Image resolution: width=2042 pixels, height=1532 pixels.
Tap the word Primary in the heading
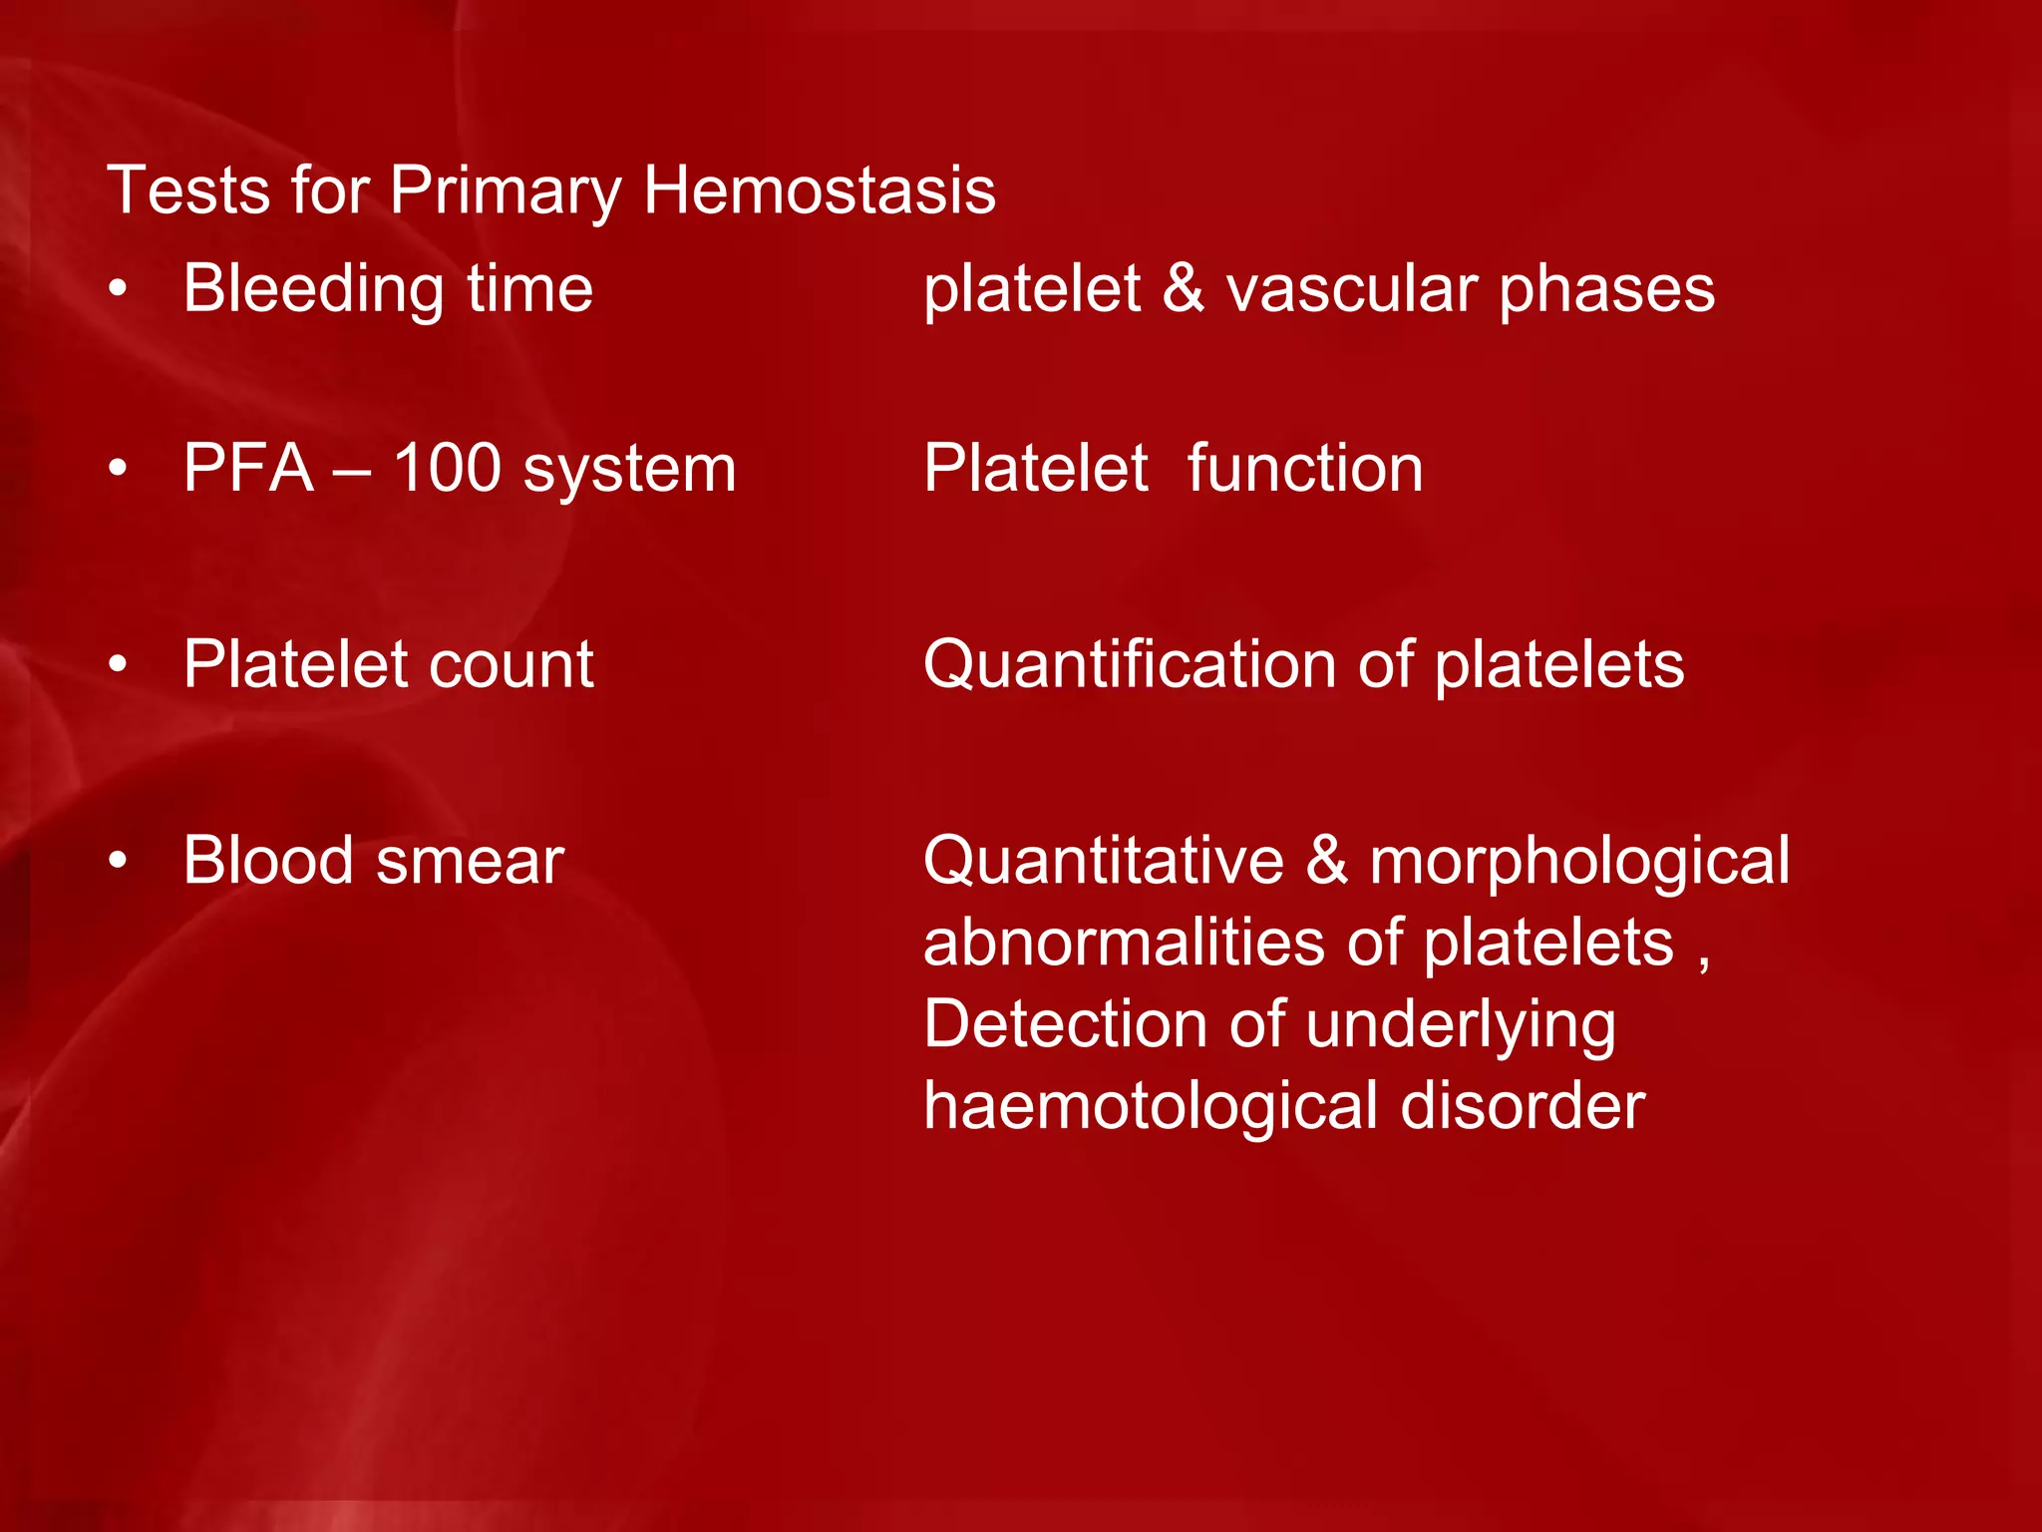pos(505,191)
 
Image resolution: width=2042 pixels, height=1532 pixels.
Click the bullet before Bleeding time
pos(119,289)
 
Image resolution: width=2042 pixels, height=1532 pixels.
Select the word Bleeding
pos(313,290)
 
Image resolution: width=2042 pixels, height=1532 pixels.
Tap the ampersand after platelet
pos(1184,288)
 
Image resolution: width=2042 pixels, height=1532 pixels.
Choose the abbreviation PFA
pos(248,468)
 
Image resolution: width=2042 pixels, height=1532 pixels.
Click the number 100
pos(447,468)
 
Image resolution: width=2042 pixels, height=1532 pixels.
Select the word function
pos(1305,468)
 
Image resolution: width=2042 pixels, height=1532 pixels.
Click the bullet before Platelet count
pos(119,664)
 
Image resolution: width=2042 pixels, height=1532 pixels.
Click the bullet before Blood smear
pos(119,860)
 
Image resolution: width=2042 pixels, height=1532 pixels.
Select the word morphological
pos(1579,862)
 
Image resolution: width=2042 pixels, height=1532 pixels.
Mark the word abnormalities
pos(1126,943)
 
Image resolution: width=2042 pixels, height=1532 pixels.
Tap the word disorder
pos(1523,1106)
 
